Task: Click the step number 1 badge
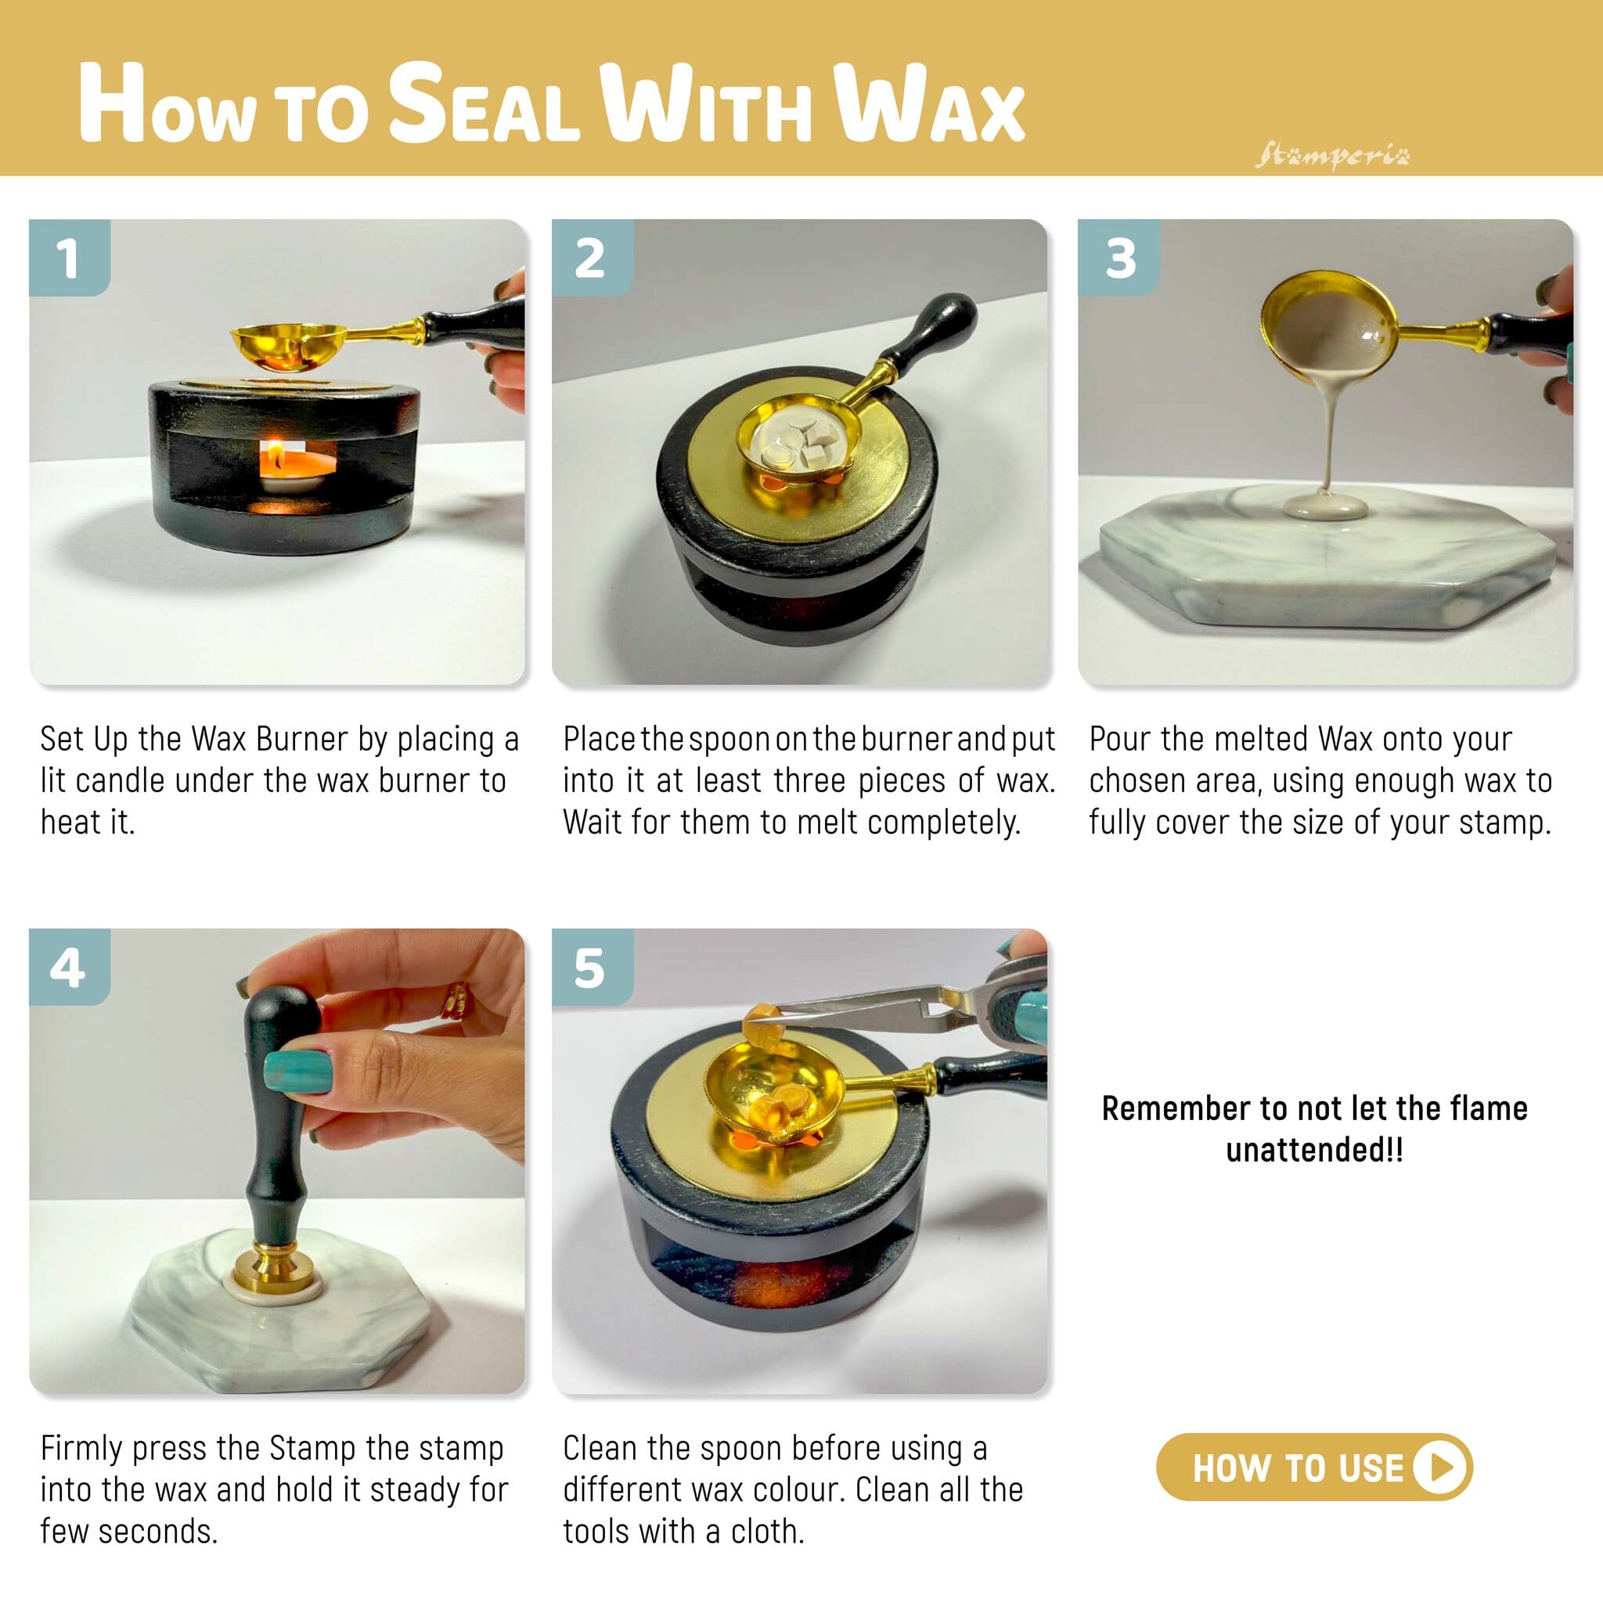tap(70, 258)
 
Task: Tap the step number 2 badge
tap(593, 258)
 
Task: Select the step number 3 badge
tap(1118, 258)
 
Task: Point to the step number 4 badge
tap(70, 967)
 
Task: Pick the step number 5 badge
tap(593, 967)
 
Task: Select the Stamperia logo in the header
tap(1331, 156)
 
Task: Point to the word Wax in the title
tap(929, 106)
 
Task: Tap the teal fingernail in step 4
tap(297, 1069)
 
